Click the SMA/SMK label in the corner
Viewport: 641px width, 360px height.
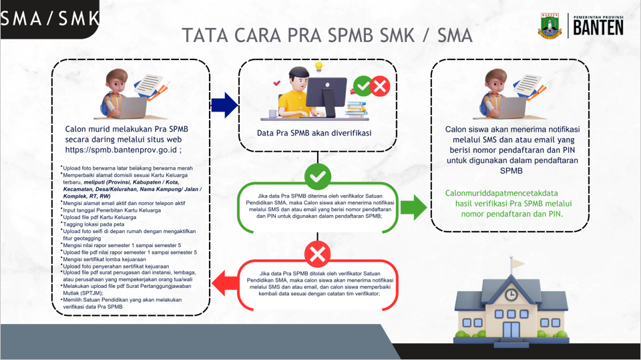tap(50, 19)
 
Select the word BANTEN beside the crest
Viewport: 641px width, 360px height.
tap(598, 27)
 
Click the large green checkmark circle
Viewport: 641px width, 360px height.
tap(317, 176)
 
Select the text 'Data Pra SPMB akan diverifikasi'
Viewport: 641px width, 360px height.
tap(314, 133)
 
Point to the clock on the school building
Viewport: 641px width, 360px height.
tap(511, 294)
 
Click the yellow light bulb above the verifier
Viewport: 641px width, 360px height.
tap(319, 66)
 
